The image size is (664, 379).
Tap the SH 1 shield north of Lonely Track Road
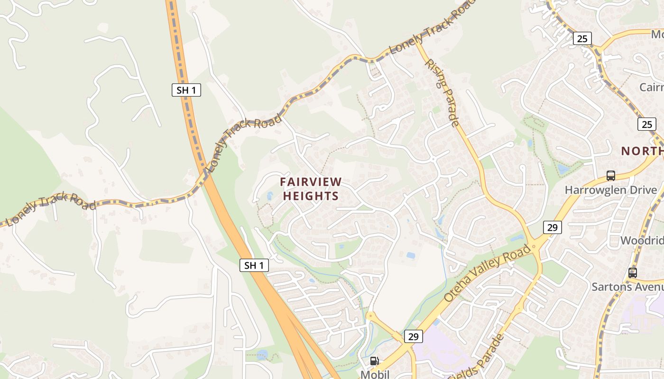click(186, 90)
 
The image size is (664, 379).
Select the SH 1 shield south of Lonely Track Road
click(254, 265)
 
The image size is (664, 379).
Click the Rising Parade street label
click(442, 92)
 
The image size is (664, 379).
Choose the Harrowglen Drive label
click(611, 190)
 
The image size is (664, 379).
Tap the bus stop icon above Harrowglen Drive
click(611, 176)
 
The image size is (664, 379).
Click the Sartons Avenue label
click(627, 287)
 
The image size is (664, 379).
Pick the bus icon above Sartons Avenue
click(632, 273)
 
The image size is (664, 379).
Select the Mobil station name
click(375, 374)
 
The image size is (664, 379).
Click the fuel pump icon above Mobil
click(374, 361)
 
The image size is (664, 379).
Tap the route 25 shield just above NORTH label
click(647, 124)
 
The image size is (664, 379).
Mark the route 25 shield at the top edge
click(582, 38)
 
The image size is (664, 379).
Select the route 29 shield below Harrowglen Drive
click(553, 227)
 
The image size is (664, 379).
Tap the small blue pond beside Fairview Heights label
click(269, 196)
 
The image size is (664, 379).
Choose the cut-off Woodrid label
click(642, 240)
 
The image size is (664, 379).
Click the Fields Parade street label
click(481, 358)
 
